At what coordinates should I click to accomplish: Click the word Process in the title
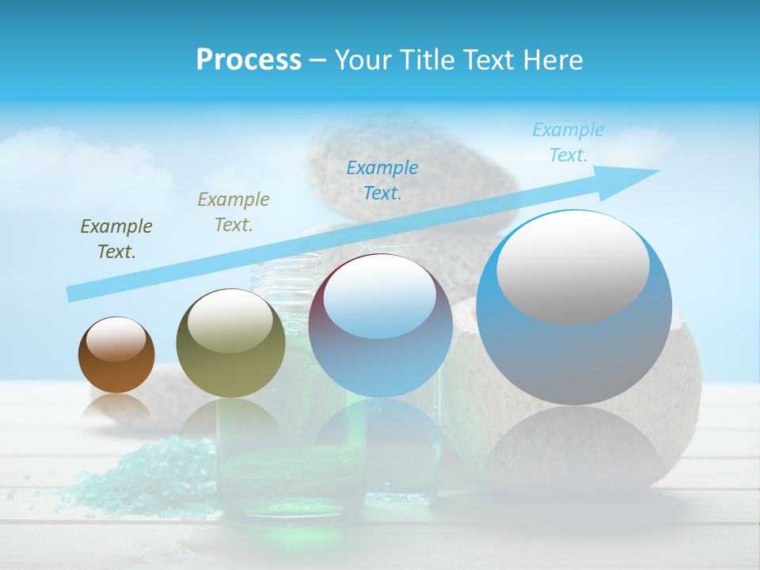249,59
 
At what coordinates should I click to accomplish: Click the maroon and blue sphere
380,356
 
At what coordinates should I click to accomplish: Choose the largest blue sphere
574,348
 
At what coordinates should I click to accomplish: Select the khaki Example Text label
234,211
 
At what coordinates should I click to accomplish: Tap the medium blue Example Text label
382,180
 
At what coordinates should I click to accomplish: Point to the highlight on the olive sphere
230,320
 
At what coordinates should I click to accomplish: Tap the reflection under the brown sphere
116,407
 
